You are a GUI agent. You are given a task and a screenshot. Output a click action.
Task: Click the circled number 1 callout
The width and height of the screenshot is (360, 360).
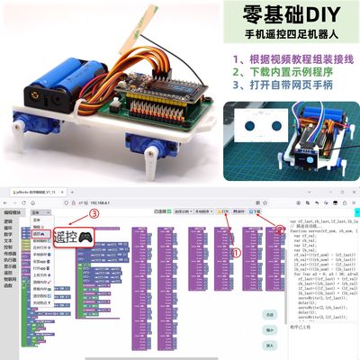pyautogui.click(x=237, y=254)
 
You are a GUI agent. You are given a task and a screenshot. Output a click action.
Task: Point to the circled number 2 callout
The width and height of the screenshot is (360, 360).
pyautogui.click(x=280, y=229)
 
